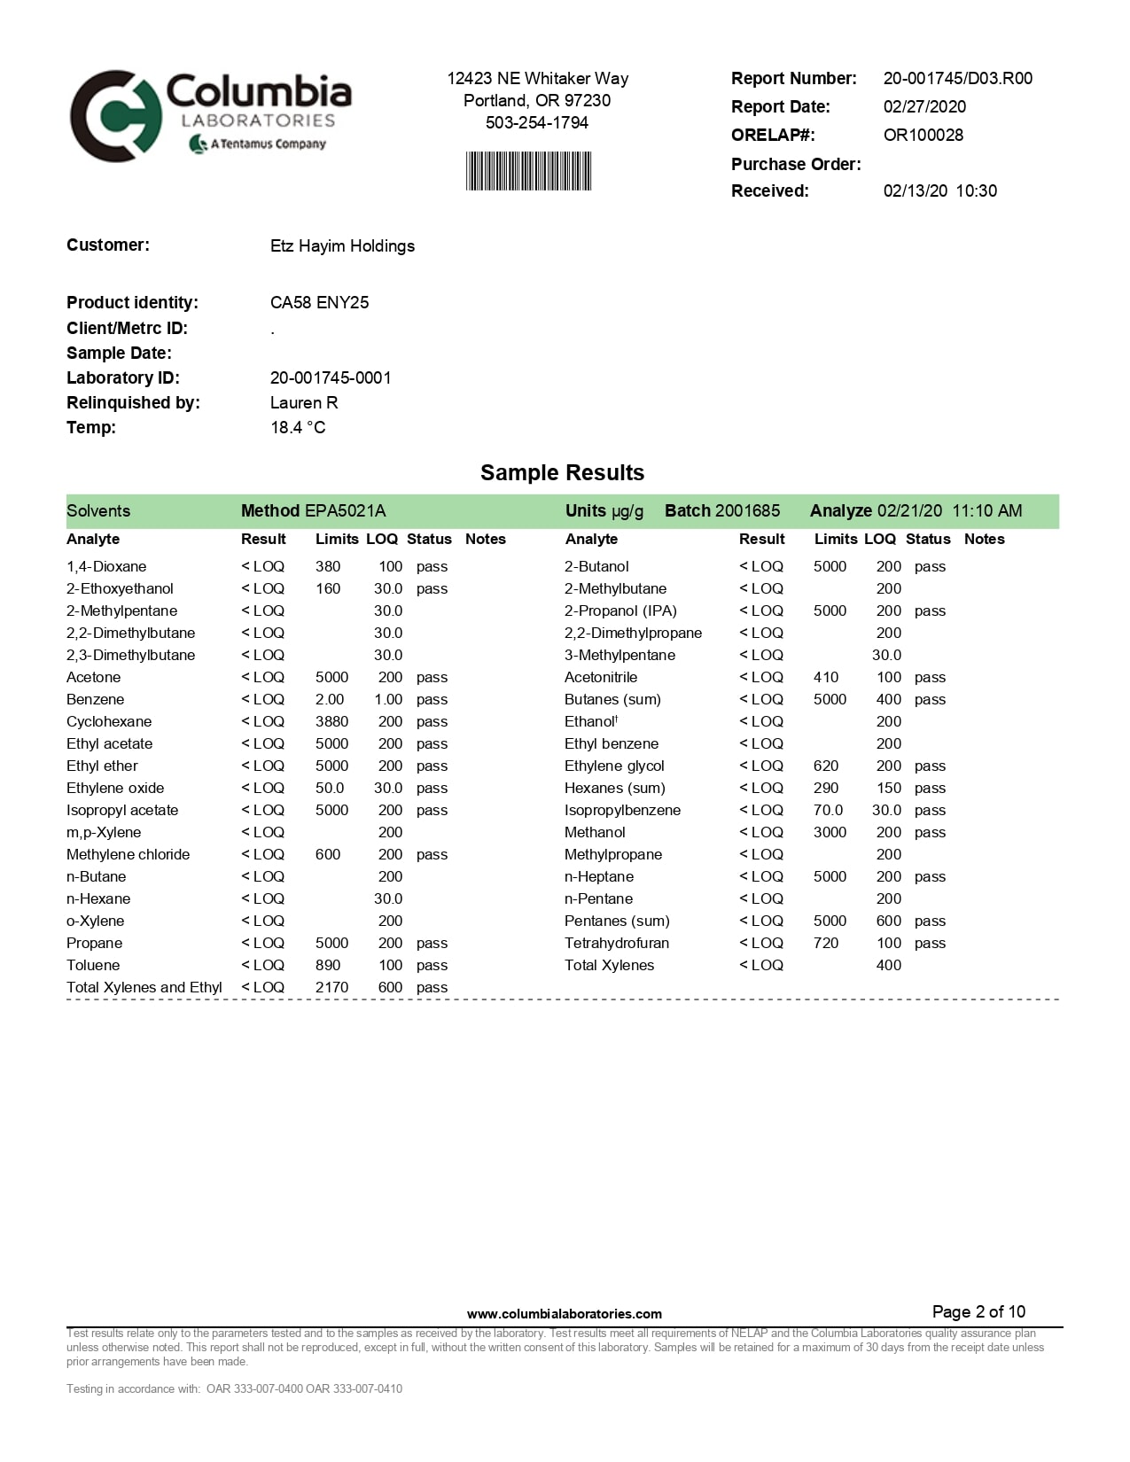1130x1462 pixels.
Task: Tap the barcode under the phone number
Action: [x=528, y=171]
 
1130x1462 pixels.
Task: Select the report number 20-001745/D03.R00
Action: [x=957, y=78]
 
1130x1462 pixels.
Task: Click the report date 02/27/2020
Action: [x=924, y=106]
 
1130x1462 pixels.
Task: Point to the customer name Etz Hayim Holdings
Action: [x=342, y=245]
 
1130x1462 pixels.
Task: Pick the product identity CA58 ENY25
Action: [x=319, y=302]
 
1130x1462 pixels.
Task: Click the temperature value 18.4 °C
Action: [x=298, y=427]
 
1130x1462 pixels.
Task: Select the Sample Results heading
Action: [x=562, y=472]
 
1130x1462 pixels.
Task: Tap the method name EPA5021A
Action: [x=345, y=510]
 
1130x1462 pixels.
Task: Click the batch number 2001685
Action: [x=747, y=510]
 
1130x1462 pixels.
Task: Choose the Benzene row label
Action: [x=96, y=699]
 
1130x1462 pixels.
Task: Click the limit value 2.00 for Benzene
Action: [x=330, y=699]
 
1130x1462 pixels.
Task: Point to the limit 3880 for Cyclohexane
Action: [x=331, y=721]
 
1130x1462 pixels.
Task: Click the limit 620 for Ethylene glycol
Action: [x=826, y=766]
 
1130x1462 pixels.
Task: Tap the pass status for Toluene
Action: [x=432, y=965]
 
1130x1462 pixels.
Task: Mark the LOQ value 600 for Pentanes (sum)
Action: [x=888, y=921]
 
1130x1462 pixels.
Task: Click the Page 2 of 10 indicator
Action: [x=978, y=1311]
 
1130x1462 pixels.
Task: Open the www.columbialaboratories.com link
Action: [x=564, y=1314]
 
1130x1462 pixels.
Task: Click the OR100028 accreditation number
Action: [x=923, y=135]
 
